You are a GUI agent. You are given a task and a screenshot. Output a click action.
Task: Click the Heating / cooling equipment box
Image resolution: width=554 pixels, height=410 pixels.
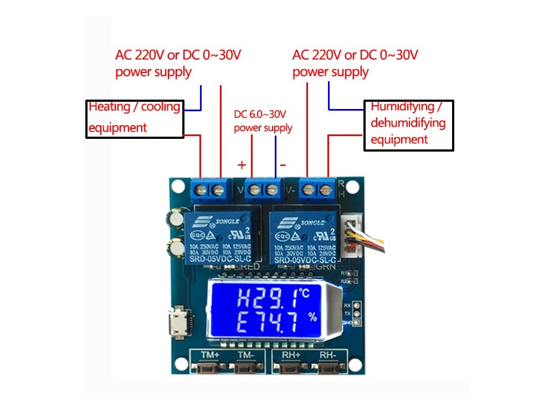(x=136, y=118)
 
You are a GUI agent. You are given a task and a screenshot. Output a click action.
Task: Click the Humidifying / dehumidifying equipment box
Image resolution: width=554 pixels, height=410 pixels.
(x=408, y=125)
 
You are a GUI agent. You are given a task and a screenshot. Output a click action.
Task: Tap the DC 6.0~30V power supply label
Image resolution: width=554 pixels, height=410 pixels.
(x=263, y=121)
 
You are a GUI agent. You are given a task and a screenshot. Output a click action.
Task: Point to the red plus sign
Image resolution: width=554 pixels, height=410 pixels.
(x=242, y=164)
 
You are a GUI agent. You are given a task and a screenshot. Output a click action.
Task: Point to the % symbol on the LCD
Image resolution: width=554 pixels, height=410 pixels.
(x=312, y=317)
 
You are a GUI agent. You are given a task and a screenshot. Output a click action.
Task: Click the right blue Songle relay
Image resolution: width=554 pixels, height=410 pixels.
(x=303, y=238)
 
